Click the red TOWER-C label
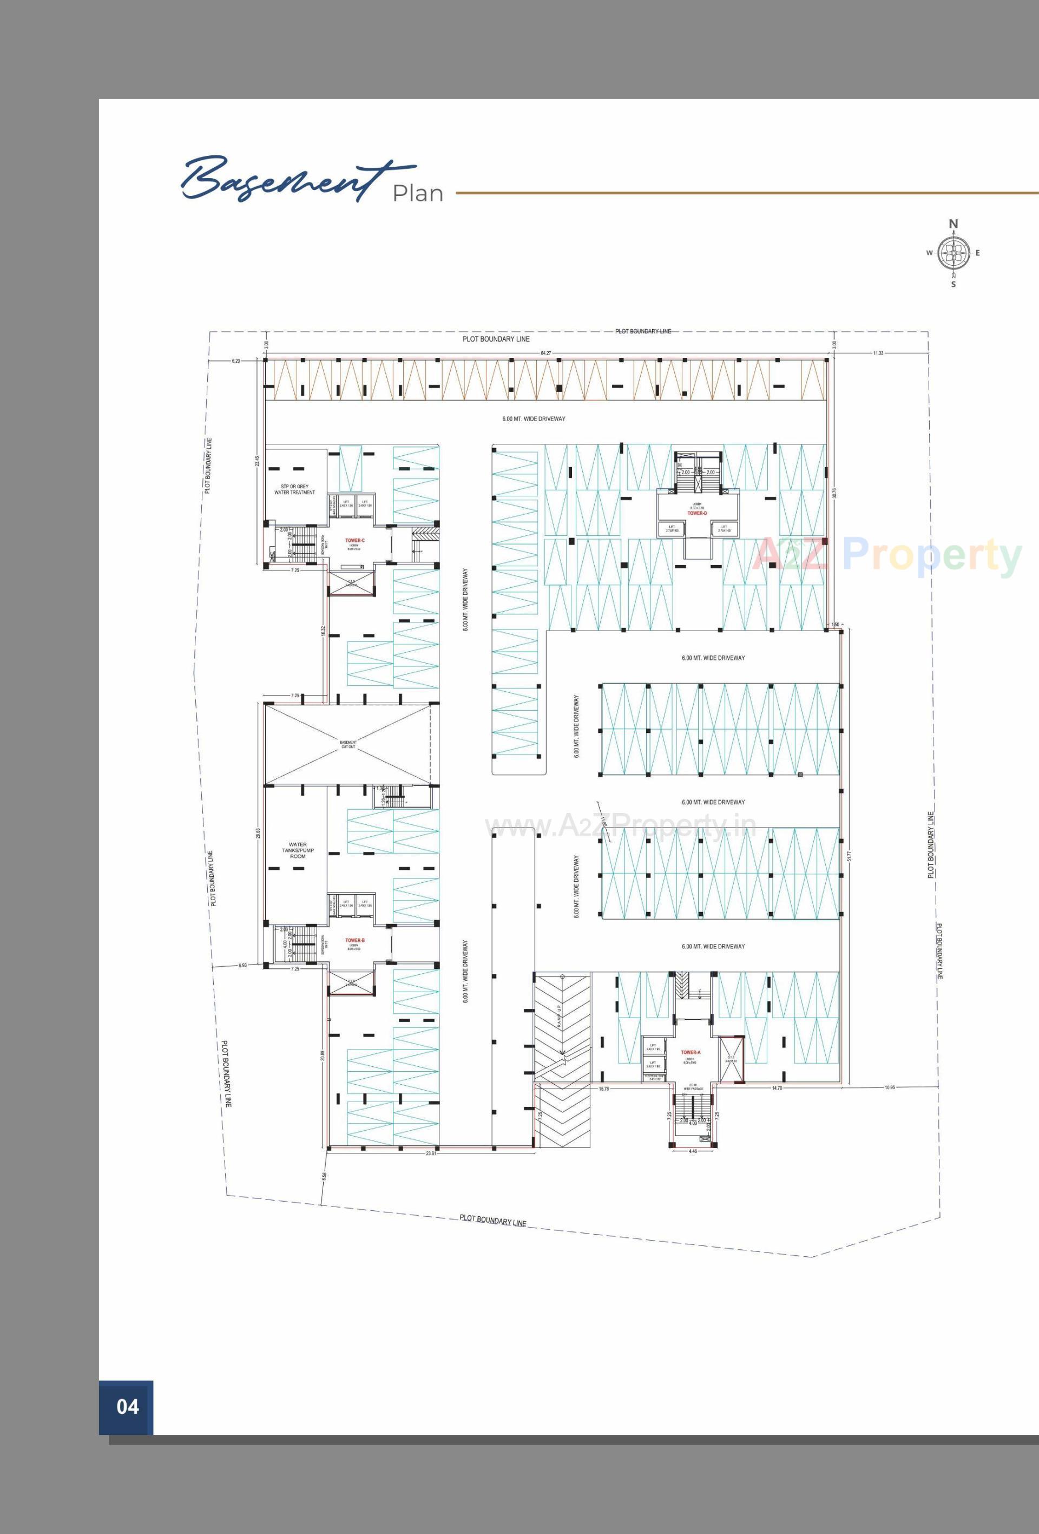(354, 540)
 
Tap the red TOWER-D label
(697, 513)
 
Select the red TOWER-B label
(354, 940)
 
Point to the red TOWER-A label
(691, 1052)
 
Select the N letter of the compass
(953, 224)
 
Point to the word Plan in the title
(418, 193)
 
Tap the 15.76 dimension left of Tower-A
(603, 1089)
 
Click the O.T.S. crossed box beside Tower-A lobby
(731, 1060)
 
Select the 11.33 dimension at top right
(878, 353)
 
